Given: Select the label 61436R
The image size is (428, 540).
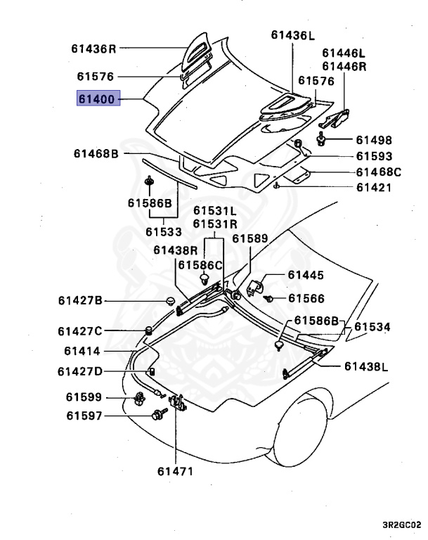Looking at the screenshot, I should [93, 49].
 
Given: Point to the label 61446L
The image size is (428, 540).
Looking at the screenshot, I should [344, 53].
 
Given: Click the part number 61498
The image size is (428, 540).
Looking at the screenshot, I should [374, 140].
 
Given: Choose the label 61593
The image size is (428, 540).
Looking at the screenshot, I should [374, 156].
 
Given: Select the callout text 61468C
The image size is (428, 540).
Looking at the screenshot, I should [378, 172].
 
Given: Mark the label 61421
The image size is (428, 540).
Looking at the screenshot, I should [374, 188].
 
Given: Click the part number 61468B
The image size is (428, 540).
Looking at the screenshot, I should [97, 153].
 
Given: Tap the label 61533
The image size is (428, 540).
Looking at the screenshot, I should [164, 231].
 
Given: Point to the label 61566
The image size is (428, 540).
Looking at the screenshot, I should [306, 298].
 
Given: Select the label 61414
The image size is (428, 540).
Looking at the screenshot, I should [83, 351].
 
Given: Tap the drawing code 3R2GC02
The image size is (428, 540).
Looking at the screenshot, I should [401, 524].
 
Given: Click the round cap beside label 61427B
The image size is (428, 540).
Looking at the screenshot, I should [169, 301].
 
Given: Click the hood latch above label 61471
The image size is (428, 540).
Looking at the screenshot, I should [179, 404].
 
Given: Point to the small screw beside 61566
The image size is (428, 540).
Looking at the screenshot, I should [270, 299].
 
